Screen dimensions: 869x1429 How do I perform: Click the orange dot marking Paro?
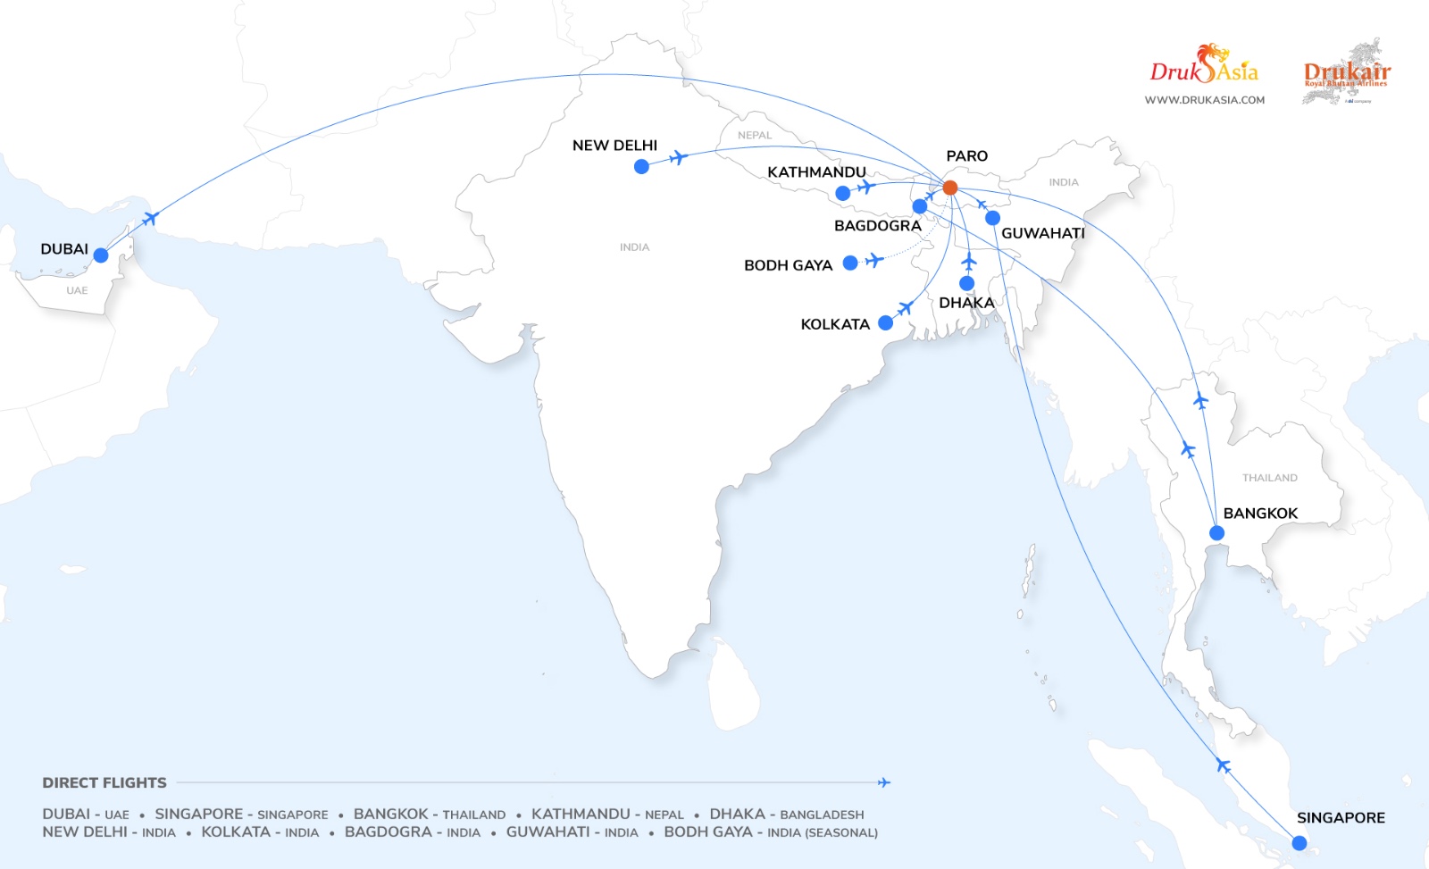click(x=950, y=188)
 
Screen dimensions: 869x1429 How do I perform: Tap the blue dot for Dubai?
click(x=101, y=255)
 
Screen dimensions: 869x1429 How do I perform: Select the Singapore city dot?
click(x=1299, y=843)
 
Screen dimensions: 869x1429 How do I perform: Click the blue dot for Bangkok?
click(x=1216, y=533)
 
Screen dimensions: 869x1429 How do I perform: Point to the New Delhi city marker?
click(x=641, y=166)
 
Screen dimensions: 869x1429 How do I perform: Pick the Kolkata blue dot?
click(x=885, y=323)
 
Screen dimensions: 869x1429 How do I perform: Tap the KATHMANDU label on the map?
click(x=816, y=172)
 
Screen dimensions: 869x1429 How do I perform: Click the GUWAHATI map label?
click(x=1042, y=233)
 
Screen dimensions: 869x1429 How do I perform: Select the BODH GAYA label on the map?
click(x=788, y=265)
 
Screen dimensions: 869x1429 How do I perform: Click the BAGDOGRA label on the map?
click(x=877, y=226)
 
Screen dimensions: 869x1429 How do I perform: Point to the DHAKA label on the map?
click(x=966, y=303)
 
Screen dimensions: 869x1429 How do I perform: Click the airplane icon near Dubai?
click(x=150, y=218)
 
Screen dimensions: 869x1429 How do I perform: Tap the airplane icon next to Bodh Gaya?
click(x=874, y=260)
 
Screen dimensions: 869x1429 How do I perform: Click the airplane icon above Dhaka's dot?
click(x=969, y=262)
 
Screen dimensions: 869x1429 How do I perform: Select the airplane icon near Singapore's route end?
click(x=1223, y=765)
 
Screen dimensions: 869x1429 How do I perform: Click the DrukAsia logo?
click(x=1204, y=67)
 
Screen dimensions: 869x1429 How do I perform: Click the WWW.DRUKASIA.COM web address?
click(x=1204, y=100)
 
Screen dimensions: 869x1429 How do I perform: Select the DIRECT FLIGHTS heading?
click(x=104, y=783)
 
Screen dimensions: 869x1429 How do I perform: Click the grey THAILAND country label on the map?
click(x=1269, y=478)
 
